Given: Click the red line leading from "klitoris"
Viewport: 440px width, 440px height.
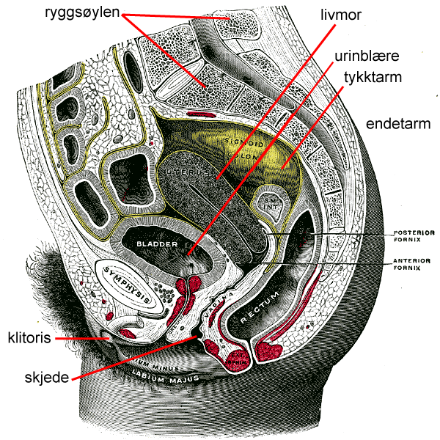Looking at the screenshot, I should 81,339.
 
